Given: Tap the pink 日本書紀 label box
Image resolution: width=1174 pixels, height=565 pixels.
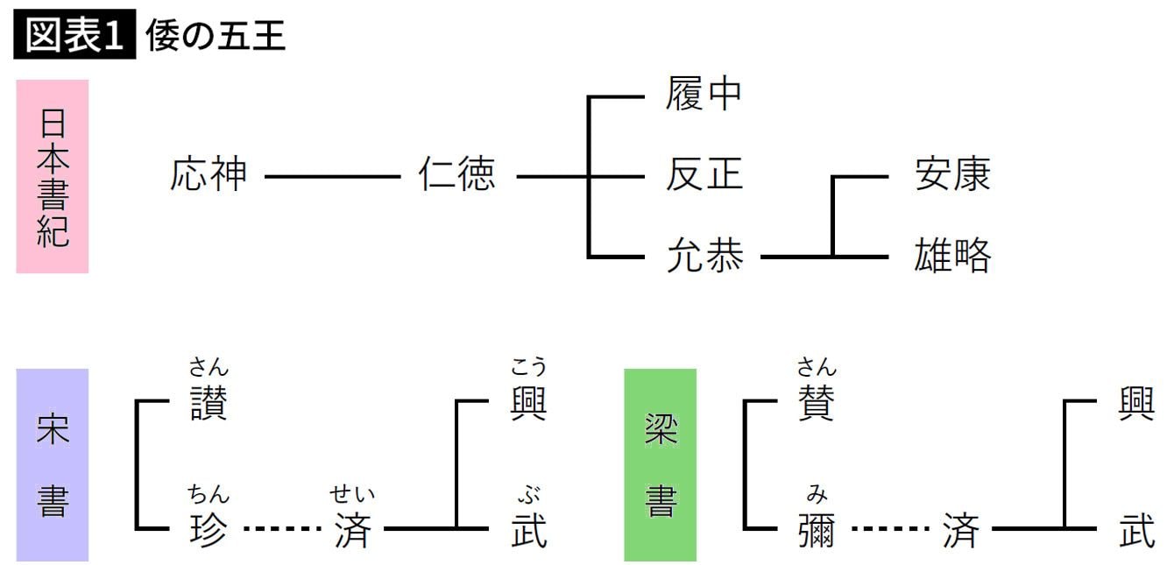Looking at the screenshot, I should click(53, 176).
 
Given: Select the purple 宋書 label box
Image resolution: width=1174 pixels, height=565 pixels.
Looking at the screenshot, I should click(53, 464).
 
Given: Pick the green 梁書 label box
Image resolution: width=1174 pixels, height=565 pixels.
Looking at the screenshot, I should click(660, 464).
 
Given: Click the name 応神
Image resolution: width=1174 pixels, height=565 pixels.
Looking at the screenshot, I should click(209, 175).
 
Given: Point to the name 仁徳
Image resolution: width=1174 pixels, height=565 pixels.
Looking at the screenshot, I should click(457, 175).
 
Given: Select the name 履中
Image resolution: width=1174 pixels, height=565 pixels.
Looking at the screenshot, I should click(704, 95).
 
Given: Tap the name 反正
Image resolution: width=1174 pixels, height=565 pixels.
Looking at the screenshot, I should click(704, 175).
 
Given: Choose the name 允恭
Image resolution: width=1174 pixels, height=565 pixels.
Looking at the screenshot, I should click(704, 256).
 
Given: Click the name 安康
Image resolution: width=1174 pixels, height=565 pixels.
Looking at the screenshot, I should click(952, 175).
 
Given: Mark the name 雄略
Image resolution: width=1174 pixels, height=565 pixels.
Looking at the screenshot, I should click(952, 256).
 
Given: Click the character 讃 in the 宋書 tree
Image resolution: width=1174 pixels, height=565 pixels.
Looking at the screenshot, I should click(209, 403).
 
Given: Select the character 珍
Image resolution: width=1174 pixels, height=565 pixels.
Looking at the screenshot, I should click(209, 530).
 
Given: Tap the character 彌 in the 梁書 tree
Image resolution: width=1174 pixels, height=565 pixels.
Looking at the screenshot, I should click(817, 530).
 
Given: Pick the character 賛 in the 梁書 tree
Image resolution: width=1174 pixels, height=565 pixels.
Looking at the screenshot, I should click(817, 403).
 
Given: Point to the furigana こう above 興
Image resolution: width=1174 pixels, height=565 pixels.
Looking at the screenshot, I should click(528, 367).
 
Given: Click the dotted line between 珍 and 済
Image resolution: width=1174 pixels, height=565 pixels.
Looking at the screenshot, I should click(282, 529).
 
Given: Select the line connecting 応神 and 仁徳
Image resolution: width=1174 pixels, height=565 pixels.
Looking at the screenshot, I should click(332, 176).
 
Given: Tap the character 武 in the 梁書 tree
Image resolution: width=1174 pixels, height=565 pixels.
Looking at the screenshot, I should click(1136, 530).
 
